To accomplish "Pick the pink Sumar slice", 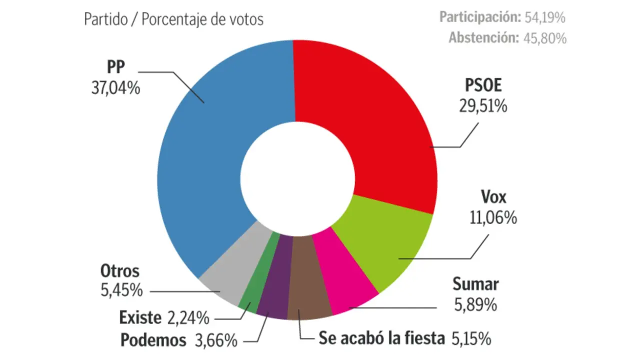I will [345, 275].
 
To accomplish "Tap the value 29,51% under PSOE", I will [482, 106].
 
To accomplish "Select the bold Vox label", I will [493, 197].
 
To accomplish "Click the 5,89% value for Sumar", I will [475, 304].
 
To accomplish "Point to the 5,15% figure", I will [470, 339].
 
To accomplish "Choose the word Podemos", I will [153, 340].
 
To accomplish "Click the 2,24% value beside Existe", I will [188, 317].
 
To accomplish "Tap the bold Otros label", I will [119, 271].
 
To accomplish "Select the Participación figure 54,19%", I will [545, 17].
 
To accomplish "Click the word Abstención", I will [483, 38].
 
